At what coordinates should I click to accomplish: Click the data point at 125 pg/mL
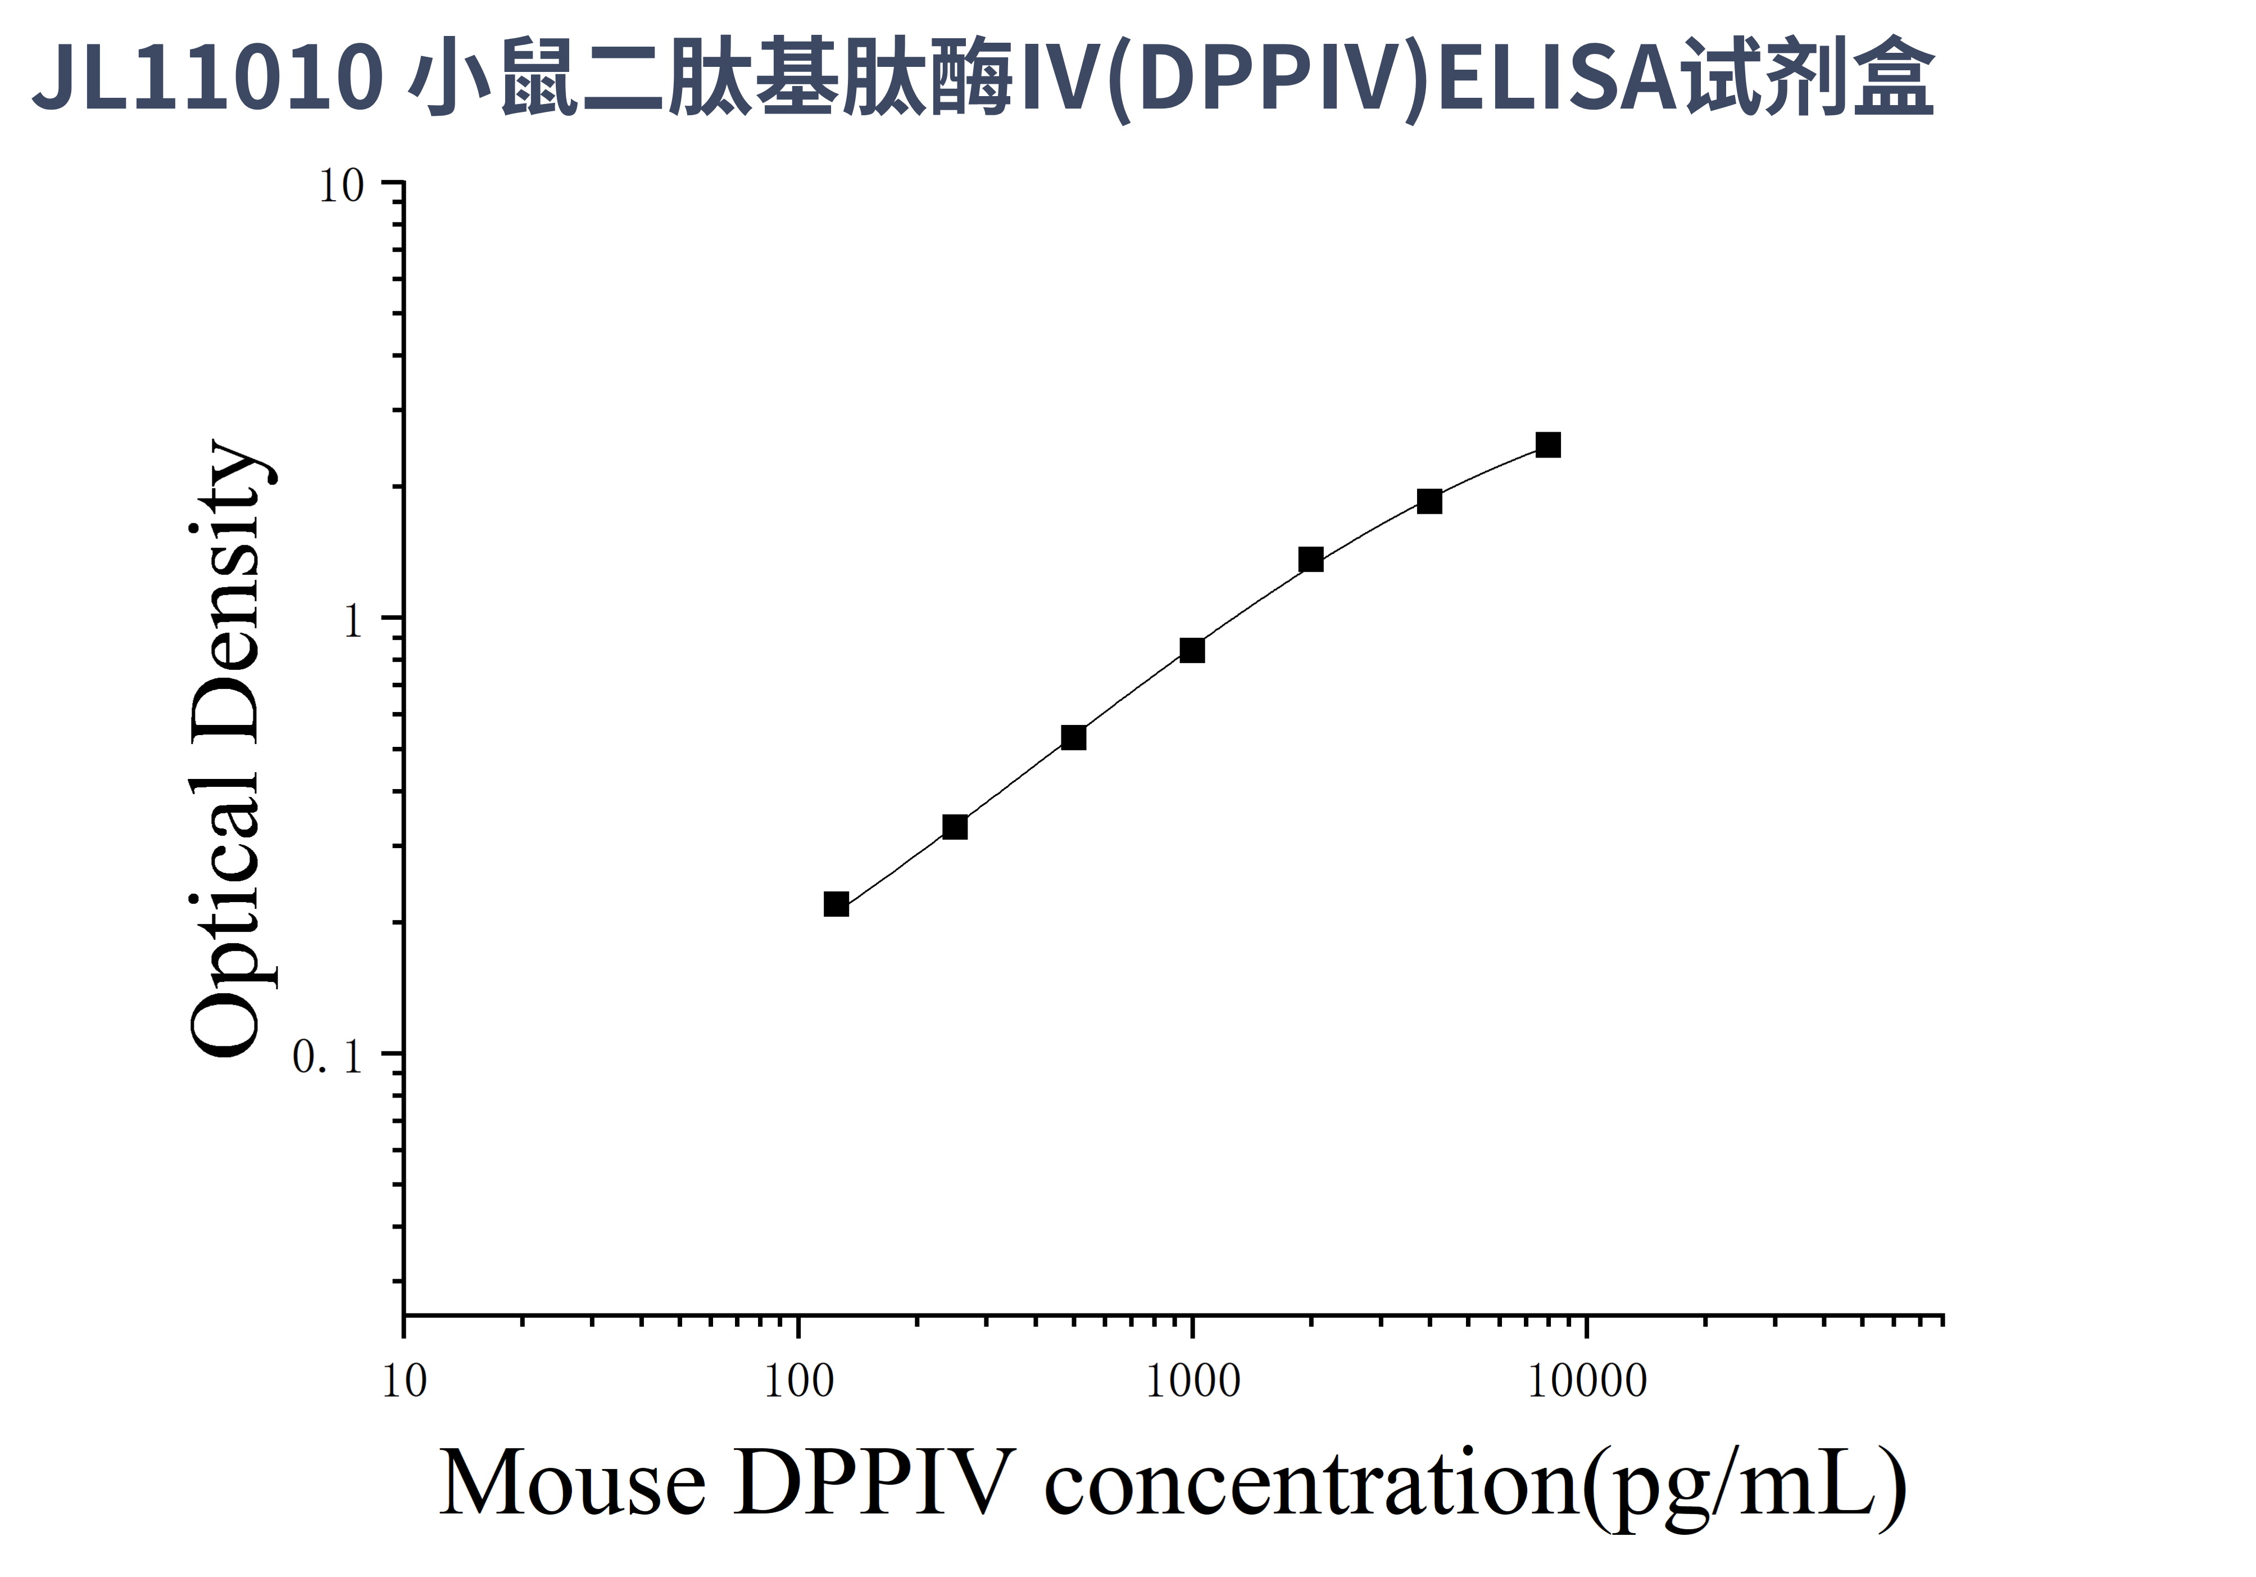point(836,904)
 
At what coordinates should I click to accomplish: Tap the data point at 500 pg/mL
point(1074,737)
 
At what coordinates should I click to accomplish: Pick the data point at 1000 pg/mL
point(1192,650)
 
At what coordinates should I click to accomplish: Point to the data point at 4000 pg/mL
point(1429,501)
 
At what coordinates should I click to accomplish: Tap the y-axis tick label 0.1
point(328,1056)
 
